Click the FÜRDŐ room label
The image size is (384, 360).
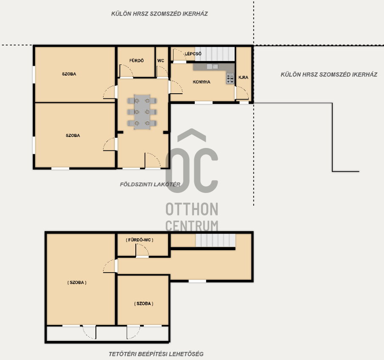pos(136,61)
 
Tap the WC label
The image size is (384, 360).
pos(161,61)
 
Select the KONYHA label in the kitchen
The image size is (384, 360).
pos(201,82)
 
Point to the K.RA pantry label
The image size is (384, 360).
pos(243,77)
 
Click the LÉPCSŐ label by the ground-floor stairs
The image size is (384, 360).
pos(193,53)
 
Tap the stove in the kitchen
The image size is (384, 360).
pos(230,78)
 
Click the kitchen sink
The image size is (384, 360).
pos(212,66)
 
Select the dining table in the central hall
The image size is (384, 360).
pos(142,112)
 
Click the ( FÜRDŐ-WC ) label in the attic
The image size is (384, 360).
pos(140,240)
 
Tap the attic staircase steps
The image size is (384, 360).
pos(216,240)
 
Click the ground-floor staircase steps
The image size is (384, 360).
pos(215,54)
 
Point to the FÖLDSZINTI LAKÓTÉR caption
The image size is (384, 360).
pos(150,184)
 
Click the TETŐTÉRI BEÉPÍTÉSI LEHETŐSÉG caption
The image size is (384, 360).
pos(156,354)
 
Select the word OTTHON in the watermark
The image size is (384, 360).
pos(192,209)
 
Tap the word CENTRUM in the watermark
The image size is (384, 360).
pos(192,226)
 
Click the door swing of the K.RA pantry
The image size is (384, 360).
pos(242,93)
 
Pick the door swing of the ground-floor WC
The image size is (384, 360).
pos(162,71)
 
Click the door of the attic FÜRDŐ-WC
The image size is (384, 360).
pos(142,250)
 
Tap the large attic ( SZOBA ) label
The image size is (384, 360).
pos(77,282)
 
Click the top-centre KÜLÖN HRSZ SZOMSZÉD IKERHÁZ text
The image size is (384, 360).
pos(160,14)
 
